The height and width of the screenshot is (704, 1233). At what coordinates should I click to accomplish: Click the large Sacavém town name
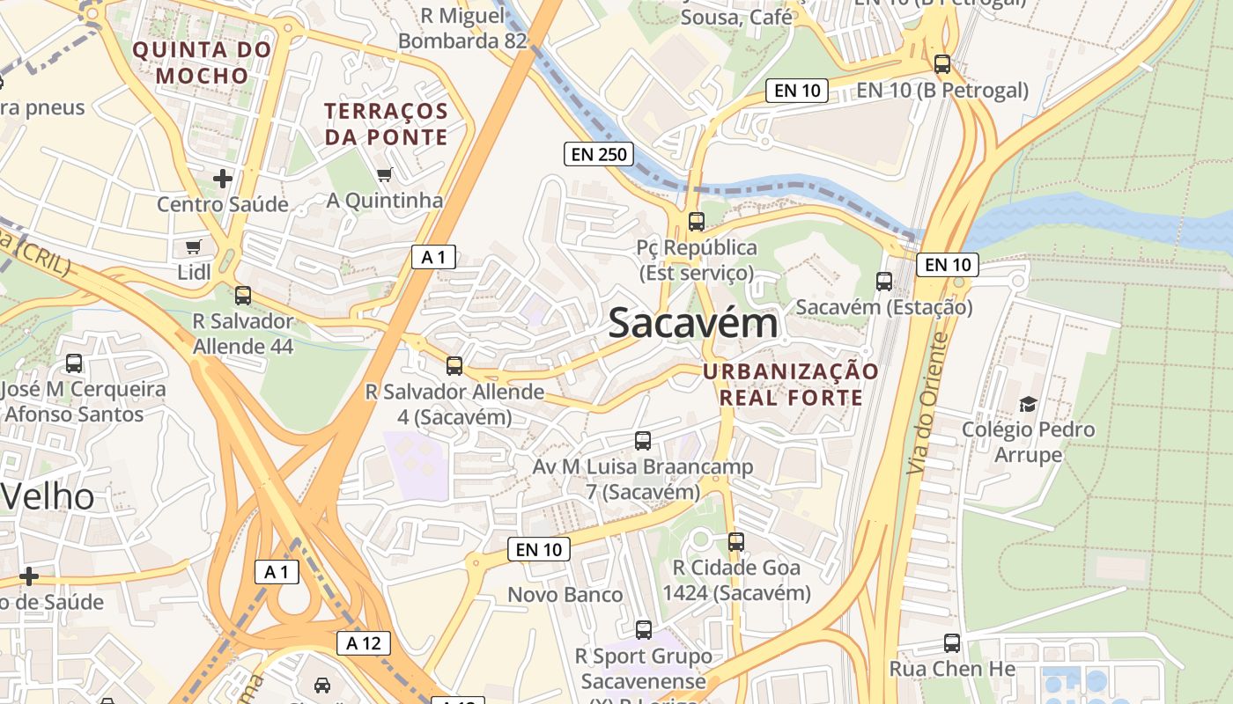point(693,323)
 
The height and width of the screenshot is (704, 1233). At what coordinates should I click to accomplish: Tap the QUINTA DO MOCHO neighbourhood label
point(202,62)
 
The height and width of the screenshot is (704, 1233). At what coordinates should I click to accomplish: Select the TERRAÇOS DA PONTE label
point(387,124)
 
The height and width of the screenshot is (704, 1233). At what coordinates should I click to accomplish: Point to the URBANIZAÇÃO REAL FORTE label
point(791,385)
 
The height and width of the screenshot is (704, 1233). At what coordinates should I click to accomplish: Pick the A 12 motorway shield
point(363,643)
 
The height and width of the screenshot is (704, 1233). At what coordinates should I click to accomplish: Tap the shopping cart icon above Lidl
point(194,247)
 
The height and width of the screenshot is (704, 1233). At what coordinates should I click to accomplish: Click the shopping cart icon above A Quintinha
point(384,175)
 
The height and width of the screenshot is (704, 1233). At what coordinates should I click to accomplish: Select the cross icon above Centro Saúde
point(223,179)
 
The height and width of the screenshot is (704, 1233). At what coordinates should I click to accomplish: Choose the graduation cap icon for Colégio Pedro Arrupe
point(1028,404)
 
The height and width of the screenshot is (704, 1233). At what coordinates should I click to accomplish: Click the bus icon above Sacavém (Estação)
point(884,282)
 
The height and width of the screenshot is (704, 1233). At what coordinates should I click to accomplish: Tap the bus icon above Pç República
point(697,222)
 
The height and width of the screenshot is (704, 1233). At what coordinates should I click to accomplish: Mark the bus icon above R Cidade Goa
point(736,542)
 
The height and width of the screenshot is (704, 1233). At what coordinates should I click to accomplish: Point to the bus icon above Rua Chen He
point(952,643)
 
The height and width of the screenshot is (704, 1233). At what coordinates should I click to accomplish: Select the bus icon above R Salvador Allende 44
point(243,296)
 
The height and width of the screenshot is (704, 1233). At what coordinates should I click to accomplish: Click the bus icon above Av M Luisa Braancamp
point(643,441)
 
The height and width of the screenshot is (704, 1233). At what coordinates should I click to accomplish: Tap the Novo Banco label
point(565,595)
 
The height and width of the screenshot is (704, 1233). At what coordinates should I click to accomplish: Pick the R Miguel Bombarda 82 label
point(462,28)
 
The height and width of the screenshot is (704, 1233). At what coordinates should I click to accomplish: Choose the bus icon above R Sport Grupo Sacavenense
point(644,630)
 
